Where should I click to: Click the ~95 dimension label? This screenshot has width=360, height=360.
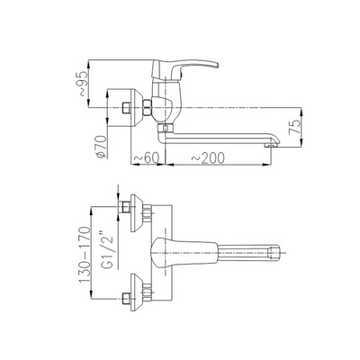coord(85,84)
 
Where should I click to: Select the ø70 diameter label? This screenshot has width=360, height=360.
coord(102,147)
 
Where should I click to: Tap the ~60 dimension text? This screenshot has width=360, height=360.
coord(146,157)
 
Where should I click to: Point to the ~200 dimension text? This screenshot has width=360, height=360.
coord(208,157)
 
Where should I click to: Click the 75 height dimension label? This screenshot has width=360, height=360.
coord(294,126)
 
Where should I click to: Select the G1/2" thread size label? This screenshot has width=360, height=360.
coord(107,249)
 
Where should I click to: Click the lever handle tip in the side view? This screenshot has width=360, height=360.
coord(217,65)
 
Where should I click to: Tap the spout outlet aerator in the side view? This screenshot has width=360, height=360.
coord(270,145)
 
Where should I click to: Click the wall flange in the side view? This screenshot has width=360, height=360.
coord(136,108)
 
